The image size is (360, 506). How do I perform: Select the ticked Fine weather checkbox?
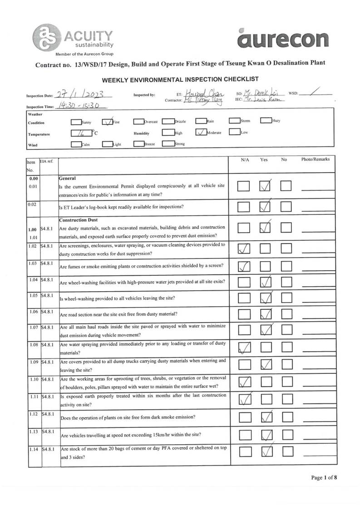point(108,122)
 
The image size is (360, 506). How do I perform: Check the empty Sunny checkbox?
point(76,122)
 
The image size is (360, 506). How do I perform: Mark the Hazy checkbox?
point(266,121)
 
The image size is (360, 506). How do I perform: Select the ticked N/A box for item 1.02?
point(244,248)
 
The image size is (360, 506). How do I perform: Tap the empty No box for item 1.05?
point(286,298)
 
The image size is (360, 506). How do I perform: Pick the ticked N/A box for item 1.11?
point(244,399)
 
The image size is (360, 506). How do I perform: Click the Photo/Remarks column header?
point(315,159)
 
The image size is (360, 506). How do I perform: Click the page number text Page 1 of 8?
point(324,477)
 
